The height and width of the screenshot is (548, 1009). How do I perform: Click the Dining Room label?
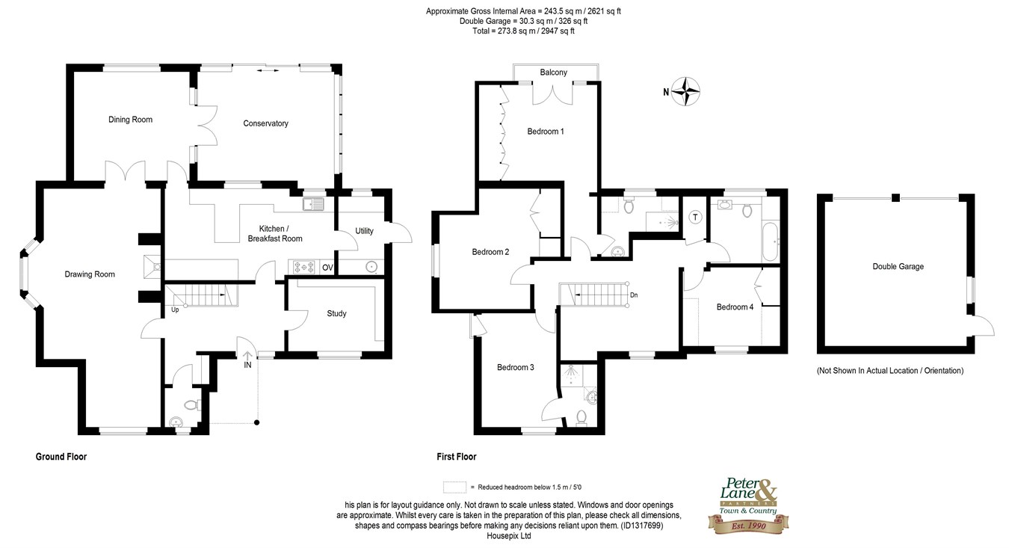click(x=130, y=120)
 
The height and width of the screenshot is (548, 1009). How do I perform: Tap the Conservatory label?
click(x=265, y=123)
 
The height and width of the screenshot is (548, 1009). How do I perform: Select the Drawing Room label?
click(x=90, y=274)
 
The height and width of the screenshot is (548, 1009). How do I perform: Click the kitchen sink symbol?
click(x=313, y=204)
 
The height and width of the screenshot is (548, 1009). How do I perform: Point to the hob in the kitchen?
click(x=304, y=267)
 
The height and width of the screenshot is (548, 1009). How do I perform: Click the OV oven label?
click(x=327, y=268)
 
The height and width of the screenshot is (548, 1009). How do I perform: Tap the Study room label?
click(x=336, y=313)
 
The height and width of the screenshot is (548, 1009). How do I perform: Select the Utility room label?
click(x=364, y=231)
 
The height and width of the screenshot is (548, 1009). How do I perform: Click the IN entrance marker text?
click(x=247, y=365)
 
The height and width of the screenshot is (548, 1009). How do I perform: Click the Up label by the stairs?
click(x=175, y=310)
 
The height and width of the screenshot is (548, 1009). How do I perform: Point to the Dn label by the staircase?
click(x=634, y=295)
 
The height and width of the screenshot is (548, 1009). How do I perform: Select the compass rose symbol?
click(x=685, y=91)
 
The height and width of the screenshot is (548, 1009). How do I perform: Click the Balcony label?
click(x=554, y=72)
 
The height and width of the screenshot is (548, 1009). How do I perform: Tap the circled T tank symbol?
click(x=696, y=218)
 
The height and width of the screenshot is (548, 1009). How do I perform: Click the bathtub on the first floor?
click(x=771, y=241)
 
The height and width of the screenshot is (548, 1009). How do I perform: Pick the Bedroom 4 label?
click(x=735, y=307)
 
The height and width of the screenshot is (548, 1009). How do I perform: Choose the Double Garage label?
click(x=898, y=266)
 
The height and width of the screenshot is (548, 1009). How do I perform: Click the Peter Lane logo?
click(x=748, y=505)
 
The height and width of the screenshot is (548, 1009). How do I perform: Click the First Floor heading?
click(x=457, y=457)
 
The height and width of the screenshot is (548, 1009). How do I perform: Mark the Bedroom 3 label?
click(x=515, y=367)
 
